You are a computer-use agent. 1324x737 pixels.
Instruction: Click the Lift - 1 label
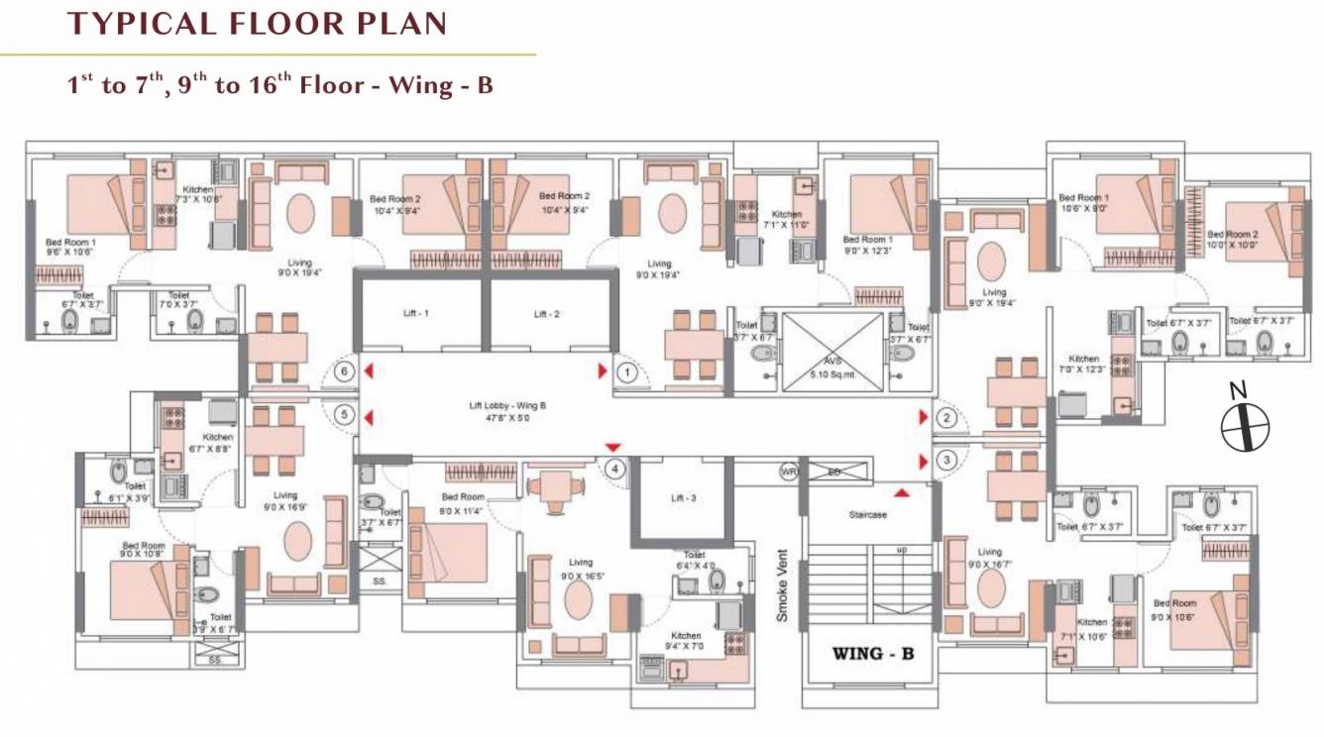[x=414, y=313]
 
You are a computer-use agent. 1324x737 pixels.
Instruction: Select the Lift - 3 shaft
[x=683, y=498]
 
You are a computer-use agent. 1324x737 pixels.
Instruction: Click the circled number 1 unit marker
[x=626, y=372]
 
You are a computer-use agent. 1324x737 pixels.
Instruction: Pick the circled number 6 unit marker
[x=344, y=372]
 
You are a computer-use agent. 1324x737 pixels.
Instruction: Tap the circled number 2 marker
[x=947, y=418]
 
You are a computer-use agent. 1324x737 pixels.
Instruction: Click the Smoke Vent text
[x=782, y=585]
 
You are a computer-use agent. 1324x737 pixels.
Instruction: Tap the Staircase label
[x=868, y=515]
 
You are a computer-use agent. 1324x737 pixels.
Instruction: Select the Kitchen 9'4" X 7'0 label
[x=685, y=641]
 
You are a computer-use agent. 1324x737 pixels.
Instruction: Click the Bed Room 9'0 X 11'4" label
[x=462, y=503]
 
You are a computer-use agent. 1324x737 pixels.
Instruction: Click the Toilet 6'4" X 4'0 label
[x=694, y=561]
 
